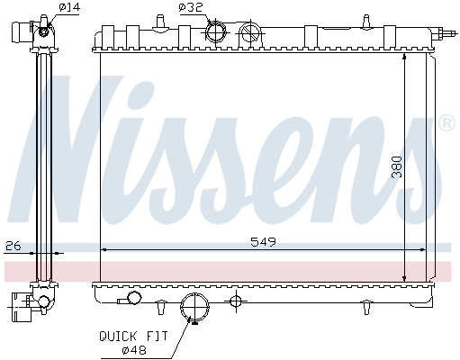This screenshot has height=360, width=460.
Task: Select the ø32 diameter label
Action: click(x=190, y=8)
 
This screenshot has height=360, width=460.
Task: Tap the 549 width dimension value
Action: click(x=263, y=241)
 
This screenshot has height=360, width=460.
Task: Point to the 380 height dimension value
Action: click(x=397, y=166)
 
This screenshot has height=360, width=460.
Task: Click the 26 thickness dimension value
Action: click(x=14, y=245)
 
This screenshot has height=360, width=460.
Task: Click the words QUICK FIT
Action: click(x=133, y=335)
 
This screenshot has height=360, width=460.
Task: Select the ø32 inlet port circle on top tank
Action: click(x=217, y=31)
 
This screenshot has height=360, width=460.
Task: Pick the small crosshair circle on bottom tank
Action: click(x=236, y=300)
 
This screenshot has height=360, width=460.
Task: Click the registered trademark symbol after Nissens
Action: click(x=446, y=123)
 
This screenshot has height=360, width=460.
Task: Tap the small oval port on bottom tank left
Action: click(x=135, y=298)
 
